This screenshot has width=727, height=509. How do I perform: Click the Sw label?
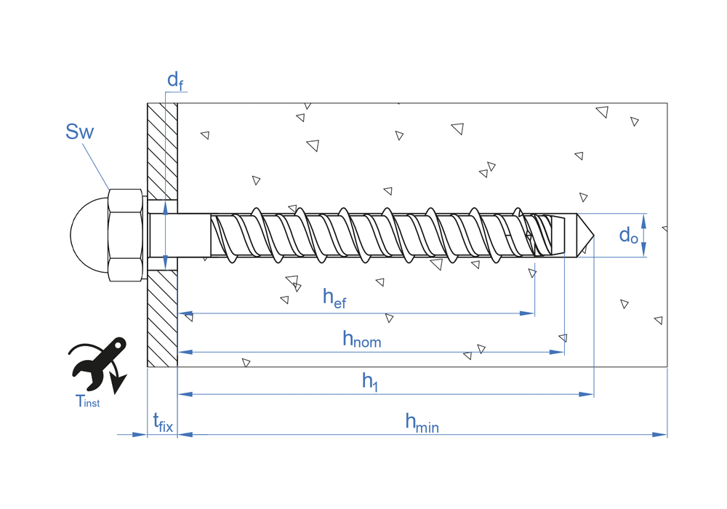click(x=80, y=132)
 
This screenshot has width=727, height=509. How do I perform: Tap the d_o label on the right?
click(x=628, y=235)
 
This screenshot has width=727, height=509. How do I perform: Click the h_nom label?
click(x=361, y=338)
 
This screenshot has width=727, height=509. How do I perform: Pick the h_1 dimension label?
click(x=370, y=382)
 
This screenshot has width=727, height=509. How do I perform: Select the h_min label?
click(x=422, y=422)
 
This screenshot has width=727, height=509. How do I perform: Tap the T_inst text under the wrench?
click(x=87, y=400)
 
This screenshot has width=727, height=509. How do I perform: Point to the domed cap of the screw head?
click(x=87, y=236)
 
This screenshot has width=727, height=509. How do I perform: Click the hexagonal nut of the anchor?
click(x=125, y=236)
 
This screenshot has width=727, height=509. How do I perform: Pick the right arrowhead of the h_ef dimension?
click(x=528, y=314)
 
